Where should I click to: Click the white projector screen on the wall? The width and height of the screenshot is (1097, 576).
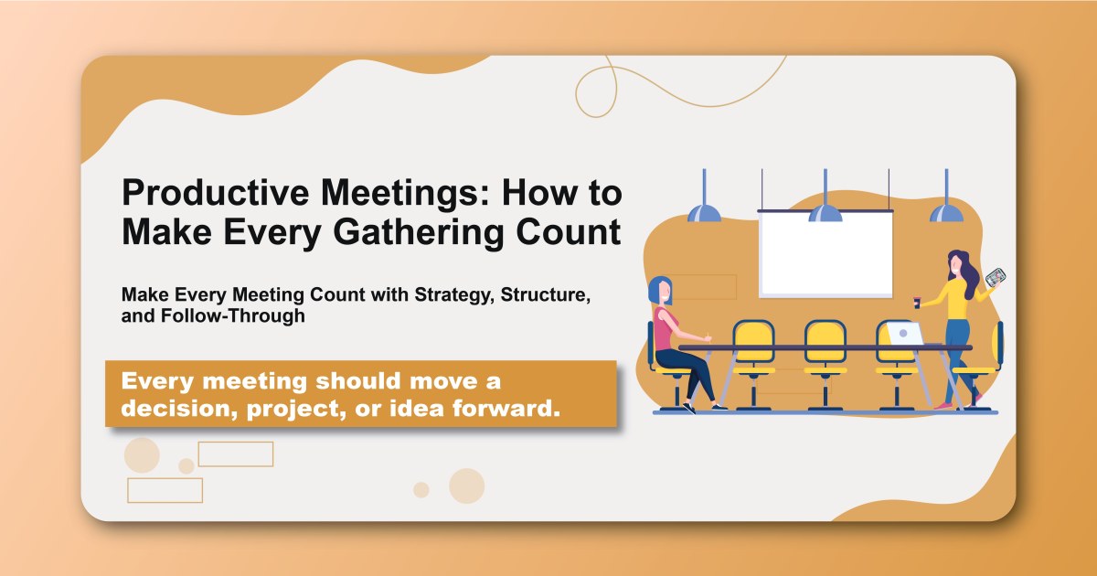[825, 254]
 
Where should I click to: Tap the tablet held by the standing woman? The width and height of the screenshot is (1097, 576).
[996, 276]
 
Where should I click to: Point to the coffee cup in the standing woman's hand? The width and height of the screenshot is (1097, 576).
[915, 300]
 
